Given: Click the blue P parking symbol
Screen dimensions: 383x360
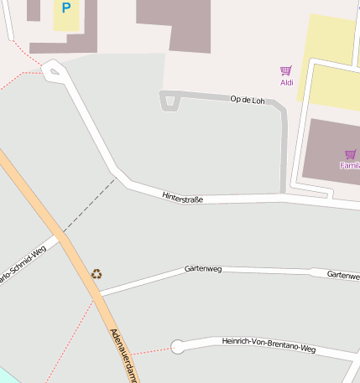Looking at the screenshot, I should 65,8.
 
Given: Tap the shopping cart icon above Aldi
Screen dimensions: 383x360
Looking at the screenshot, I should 286,71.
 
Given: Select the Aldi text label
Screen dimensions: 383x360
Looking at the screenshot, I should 286,82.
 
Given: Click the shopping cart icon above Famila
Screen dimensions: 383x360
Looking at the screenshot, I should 350,154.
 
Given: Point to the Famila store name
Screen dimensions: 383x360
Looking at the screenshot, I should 349,165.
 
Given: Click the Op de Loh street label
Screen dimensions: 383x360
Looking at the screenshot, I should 247,100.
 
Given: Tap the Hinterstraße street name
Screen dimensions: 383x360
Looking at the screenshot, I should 183,195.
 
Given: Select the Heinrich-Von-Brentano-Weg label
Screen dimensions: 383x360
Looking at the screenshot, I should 269,344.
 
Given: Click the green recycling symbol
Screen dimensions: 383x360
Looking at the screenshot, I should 97,273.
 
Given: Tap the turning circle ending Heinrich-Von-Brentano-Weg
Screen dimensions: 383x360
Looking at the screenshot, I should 178,346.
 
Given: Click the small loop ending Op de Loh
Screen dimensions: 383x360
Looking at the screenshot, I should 170,101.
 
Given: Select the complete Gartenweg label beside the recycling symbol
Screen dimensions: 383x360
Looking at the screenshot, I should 202,269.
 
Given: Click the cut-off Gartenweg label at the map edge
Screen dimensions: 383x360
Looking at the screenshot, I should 343,275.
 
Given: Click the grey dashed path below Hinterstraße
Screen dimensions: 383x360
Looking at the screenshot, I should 88,204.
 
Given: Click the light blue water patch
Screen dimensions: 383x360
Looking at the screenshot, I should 7,374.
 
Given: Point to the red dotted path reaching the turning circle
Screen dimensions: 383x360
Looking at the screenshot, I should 151,350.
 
